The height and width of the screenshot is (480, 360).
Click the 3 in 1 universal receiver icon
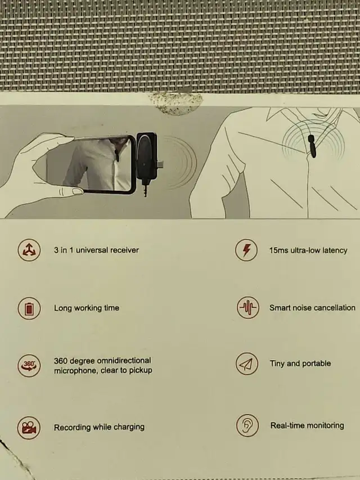[x=29, y=250]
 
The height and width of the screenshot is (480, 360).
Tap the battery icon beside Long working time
[x=29, y=308]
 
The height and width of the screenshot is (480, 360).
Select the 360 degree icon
[x=29, y=366]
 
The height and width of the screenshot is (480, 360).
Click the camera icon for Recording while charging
[x=29, y=428]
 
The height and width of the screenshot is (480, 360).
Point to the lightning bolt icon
[x=246, y=250]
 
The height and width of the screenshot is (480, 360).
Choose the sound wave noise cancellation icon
[x=248, y=307]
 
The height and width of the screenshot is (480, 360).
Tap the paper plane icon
[x=247, y=364]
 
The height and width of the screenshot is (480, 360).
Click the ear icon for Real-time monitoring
[x=247, y=425]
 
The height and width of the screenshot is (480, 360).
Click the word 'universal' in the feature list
[x=92, y=250]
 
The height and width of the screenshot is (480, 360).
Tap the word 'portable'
[x=317, y=364]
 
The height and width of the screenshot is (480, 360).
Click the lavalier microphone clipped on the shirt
[x=312, y=146]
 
